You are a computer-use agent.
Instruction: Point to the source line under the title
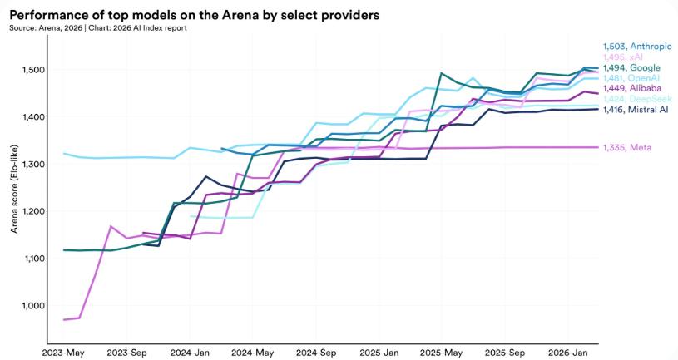point(98,27)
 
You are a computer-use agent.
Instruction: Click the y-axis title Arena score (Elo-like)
point(15,188)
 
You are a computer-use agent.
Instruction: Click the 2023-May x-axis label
point(64,352)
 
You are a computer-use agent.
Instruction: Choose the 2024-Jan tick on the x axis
point(191,352)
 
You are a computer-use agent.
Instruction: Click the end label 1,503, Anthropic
point(636,47)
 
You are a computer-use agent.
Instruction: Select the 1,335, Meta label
point(628,147)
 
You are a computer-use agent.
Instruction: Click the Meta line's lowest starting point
point(65,320)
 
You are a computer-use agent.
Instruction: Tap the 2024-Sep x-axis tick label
point(316,352)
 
